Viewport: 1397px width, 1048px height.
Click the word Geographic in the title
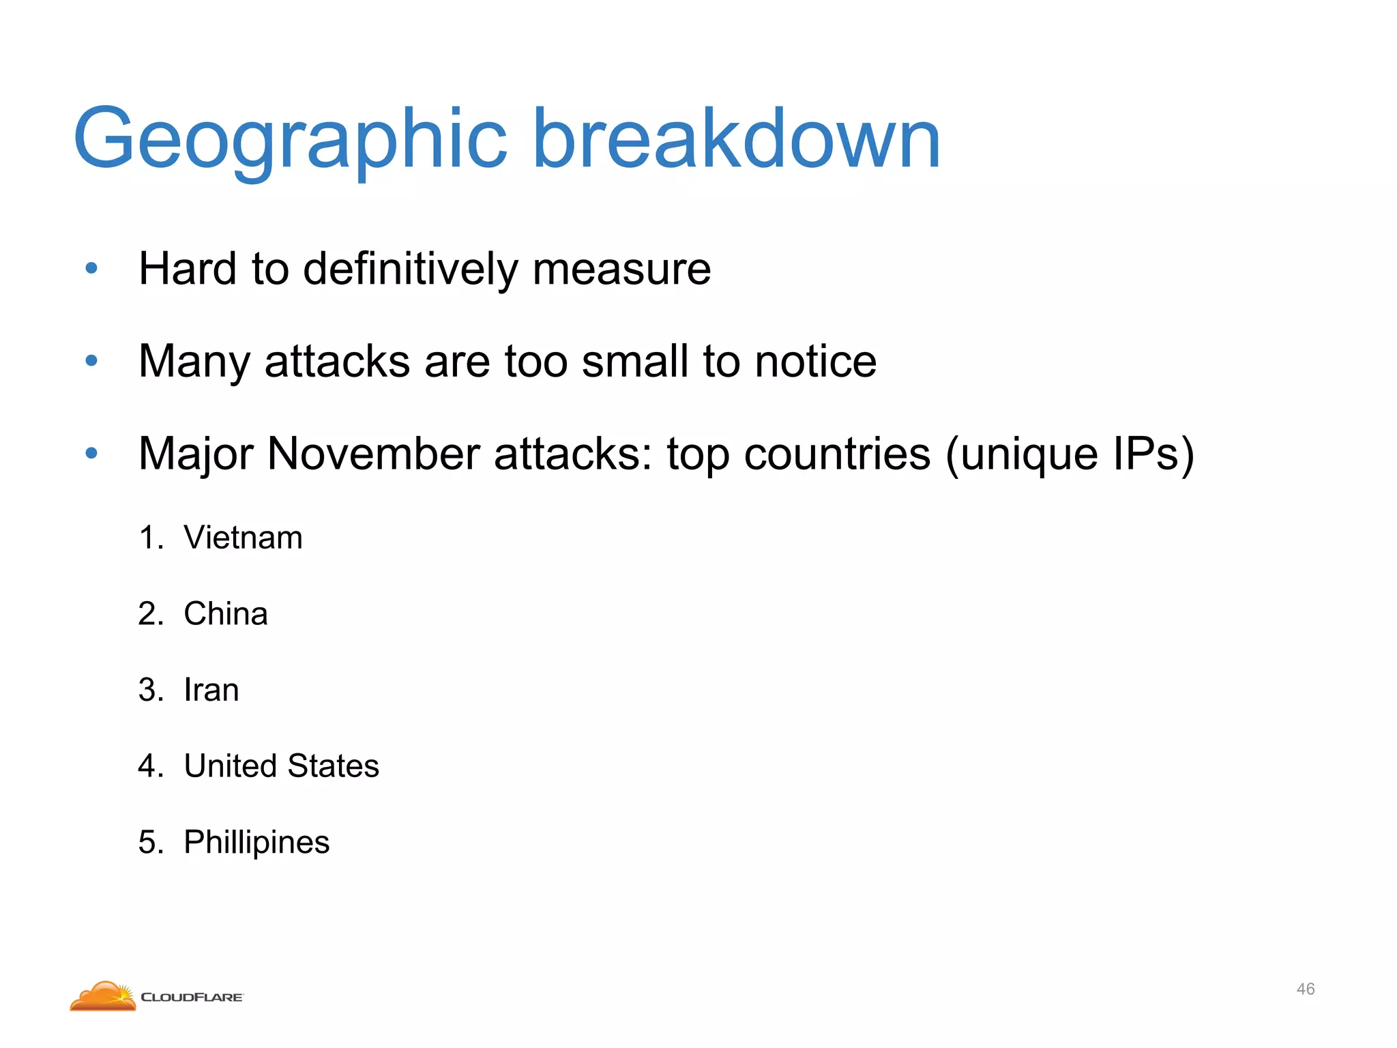[291, 140]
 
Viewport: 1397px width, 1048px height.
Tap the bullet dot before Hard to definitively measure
[91, 268]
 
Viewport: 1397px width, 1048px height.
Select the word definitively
[410, 269]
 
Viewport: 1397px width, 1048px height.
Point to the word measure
[621, 269]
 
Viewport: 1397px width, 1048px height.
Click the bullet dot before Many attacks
[91, 360]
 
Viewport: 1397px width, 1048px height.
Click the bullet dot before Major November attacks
[91, 453]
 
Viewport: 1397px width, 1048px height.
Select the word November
[374, 454]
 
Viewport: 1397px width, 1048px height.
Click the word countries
[837, 454]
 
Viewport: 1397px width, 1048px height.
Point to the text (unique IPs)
[1070, 455]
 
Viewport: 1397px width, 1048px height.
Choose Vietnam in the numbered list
[243, 538]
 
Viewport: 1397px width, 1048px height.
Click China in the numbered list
[226, 614]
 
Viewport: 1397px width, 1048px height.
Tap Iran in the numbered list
[211, 690]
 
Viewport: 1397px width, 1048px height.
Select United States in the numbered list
[281, 766]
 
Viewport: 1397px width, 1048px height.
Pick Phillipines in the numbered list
[256, 843]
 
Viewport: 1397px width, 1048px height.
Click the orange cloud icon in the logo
[103, 997]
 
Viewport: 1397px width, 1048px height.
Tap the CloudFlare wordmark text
[192, 998]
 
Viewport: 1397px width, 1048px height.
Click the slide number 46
[1306, 989]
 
